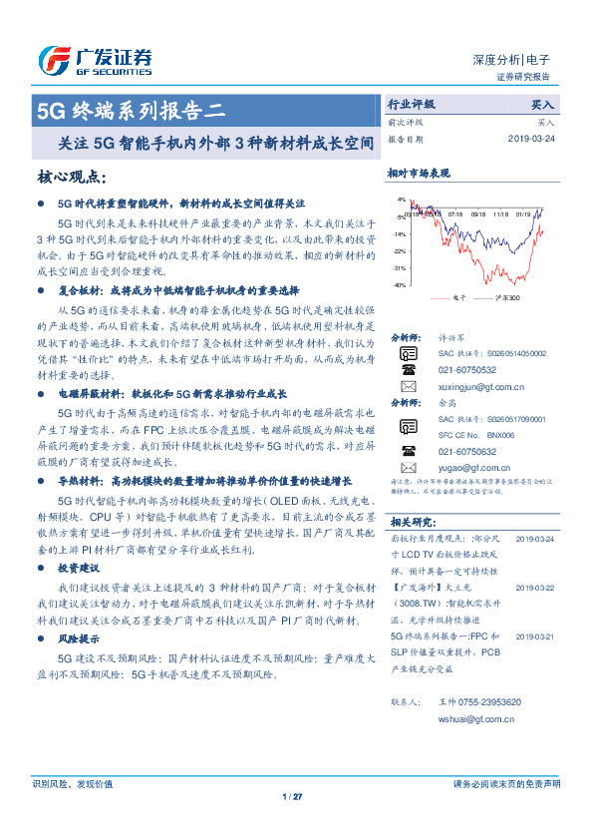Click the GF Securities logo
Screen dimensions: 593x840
coord(95,61)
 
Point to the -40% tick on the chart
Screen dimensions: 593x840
coord(399,285)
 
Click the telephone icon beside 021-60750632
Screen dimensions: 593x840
coord(408,451)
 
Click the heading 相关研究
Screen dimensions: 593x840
coord(412,522)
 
